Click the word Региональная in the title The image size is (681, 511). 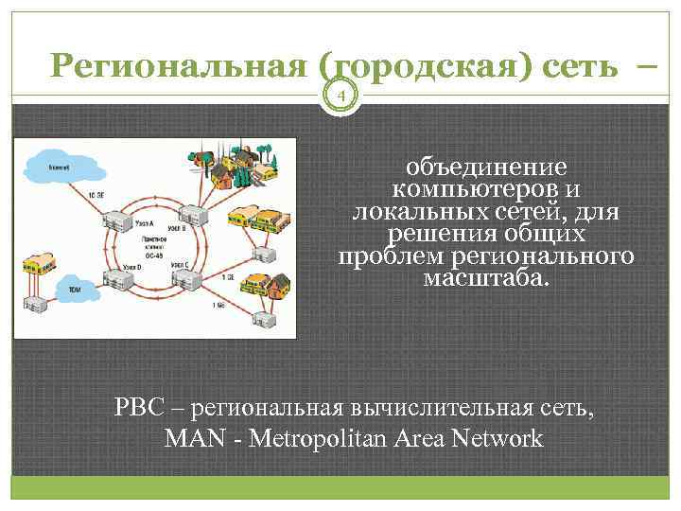click(x=180, y=66)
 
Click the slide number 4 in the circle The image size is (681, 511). click(x=343, y=95)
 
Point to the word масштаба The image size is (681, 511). click(x=485, y=278)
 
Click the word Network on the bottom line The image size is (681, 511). click(x=498, y=439)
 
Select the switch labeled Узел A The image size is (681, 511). click(x=116, y=219)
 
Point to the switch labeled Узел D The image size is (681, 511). click(x=118, y=279)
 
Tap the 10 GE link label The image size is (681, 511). click(x=96, y=194)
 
